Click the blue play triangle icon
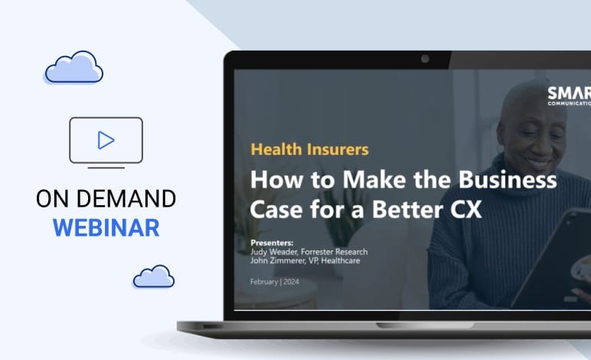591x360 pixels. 106,140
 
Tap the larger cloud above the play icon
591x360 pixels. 73,67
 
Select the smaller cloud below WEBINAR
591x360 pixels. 154,277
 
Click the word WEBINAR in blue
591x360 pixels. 106,227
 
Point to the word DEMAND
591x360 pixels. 126,198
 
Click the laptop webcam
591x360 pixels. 425,59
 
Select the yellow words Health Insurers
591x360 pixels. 309,149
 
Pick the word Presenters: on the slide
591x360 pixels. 272,243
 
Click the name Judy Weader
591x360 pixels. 274,252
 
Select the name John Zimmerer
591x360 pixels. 277,260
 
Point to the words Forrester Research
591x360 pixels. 335,252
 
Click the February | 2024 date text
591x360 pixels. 274,282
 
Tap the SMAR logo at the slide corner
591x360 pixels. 569,96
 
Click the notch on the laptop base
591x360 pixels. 425,326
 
